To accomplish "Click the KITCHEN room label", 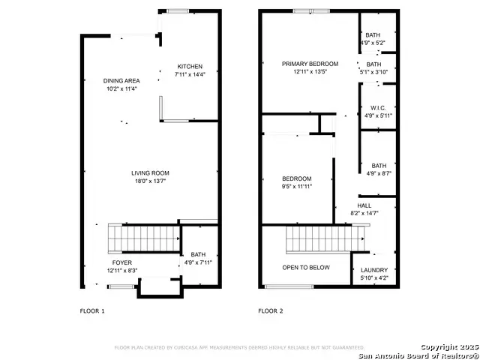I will (189, 67).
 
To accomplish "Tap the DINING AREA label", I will (121, 81).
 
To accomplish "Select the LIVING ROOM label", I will (150, 173).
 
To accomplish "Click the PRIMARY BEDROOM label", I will (310, 64).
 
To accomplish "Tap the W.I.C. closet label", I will (379, 107).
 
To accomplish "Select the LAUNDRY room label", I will (374, 270).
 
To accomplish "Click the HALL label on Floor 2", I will (364, 205).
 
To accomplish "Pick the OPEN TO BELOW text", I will (305, 267).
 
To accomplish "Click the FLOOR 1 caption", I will (92, 310).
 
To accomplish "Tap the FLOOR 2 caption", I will (271, 310).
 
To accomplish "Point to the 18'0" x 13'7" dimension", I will (150, 181).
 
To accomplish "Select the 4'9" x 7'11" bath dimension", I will (198, 263).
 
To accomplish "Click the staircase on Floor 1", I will (142, 239).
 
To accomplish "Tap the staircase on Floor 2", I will (322, 240).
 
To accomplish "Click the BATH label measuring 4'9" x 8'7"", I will (379, 166).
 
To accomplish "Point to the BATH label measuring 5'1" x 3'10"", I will (373, 64).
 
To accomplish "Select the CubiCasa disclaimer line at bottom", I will (239, 347).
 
